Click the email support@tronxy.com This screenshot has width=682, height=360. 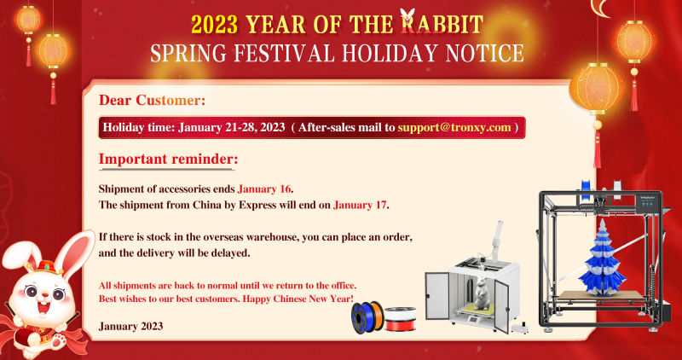(x=454, y=128)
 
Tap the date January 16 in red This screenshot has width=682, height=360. (x=264, y=189)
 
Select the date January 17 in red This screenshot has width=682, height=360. (x=360, y=205)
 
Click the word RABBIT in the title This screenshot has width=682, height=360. (x=442, y=24)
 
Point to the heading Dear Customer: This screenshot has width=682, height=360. (x=152, y=100)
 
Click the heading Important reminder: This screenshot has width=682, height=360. (x=168, y=159)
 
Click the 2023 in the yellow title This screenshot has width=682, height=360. (x=215, y=25)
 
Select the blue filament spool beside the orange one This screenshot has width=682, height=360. (x=362, y=317)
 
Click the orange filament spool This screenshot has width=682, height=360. (x=377, y=314)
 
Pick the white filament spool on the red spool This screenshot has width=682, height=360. (x=400, y=313)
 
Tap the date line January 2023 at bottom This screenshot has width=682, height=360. (x=131, y=326)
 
